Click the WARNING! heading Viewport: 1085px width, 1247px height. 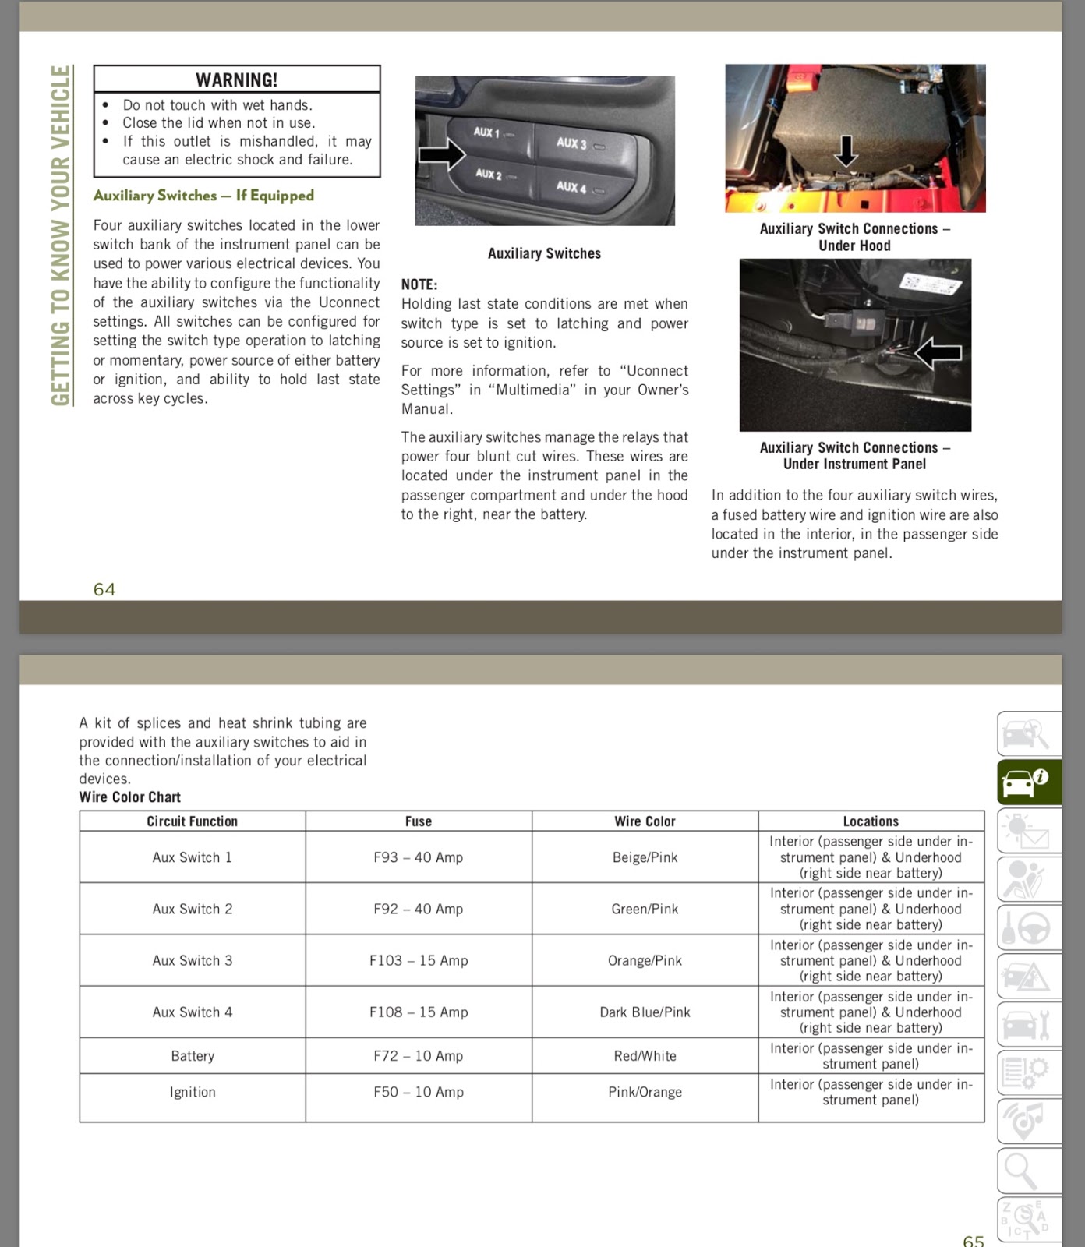[236, 79]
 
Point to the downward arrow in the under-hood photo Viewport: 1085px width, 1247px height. [846, 150]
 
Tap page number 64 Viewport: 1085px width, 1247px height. [104, 589]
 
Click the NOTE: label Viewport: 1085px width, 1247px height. [419, 284]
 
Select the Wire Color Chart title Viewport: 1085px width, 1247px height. [130, 797]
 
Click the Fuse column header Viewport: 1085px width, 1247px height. [419, 821]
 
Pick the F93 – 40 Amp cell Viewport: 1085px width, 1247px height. [419, 857]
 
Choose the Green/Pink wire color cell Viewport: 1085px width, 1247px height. [645, 909]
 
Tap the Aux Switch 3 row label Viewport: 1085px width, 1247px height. [193, 960]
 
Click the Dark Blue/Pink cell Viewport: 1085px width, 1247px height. [645, 1012]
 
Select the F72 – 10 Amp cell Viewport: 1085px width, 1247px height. [419, 1056]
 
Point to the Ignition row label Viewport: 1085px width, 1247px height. [193, 1092]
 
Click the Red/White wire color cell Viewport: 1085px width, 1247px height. [645, 1056]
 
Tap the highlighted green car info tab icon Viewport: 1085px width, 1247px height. [1028, 782]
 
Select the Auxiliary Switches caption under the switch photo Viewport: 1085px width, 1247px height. [544, 253]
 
